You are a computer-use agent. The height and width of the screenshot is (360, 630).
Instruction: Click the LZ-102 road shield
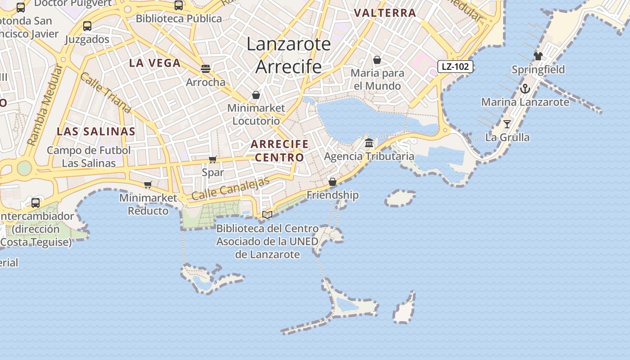[x=455, y=67]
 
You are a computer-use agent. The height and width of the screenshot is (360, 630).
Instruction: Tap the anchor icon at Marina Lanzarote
[x=525, y=89]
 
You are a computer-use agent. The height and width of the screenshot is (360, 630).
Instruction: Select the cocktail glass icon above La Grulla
[x=507, y=124]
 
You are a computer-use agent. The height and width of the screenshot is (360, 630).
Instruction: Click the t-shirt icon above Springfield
[x=538, y=56]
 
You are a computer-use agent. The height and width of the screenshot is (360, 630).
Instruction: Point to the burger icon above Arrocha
[x=206, y=69]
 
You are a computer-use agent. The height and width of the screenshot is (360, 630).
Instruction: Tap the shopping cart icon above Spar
[x=213, y=159]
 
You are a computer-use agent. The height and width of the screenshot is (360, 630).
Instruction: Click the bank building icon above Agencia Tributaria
[x=369, y=143]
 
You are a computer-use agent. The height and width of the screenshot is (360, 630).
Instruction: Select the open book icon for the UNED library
[x=267, y=215]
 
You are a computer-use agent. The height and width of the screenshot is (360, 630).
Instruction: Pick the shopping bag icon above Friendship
[x=333, y=182]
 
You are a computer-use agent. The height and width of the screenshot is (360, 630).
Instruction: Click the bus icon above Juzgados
[x=87, y=26]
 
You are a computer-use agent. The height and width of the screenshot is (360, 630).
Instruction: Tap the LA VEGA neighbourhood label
[x=155, y=63]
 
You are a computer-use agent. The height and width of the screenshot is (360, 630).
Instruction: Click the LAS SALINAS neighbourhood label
[x=96, y=131]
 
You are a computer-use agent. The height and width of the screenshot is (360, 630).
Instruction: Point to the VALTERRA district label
[x=385, y=13]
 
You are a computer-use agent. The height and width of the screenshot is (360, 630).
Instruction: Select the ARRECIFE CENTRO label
[x=279, y=151]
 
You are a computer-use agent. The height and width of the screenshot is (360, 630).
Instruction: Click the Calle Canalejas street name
[x=230, y=189]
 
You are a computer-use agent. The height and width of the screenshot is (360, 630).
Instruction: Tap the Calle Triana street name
[x=106, y=93]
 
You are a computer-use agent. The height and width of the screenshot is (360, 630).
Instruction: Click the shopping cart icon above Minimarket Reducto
[x=148, y=184]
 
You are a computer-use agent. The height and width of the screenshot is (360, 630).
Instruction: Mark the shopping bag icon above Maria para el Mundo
[x=377, y=60]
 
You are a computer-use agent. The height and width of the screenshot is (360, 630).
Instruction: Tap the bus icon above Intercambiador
[x=36, y=202]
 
